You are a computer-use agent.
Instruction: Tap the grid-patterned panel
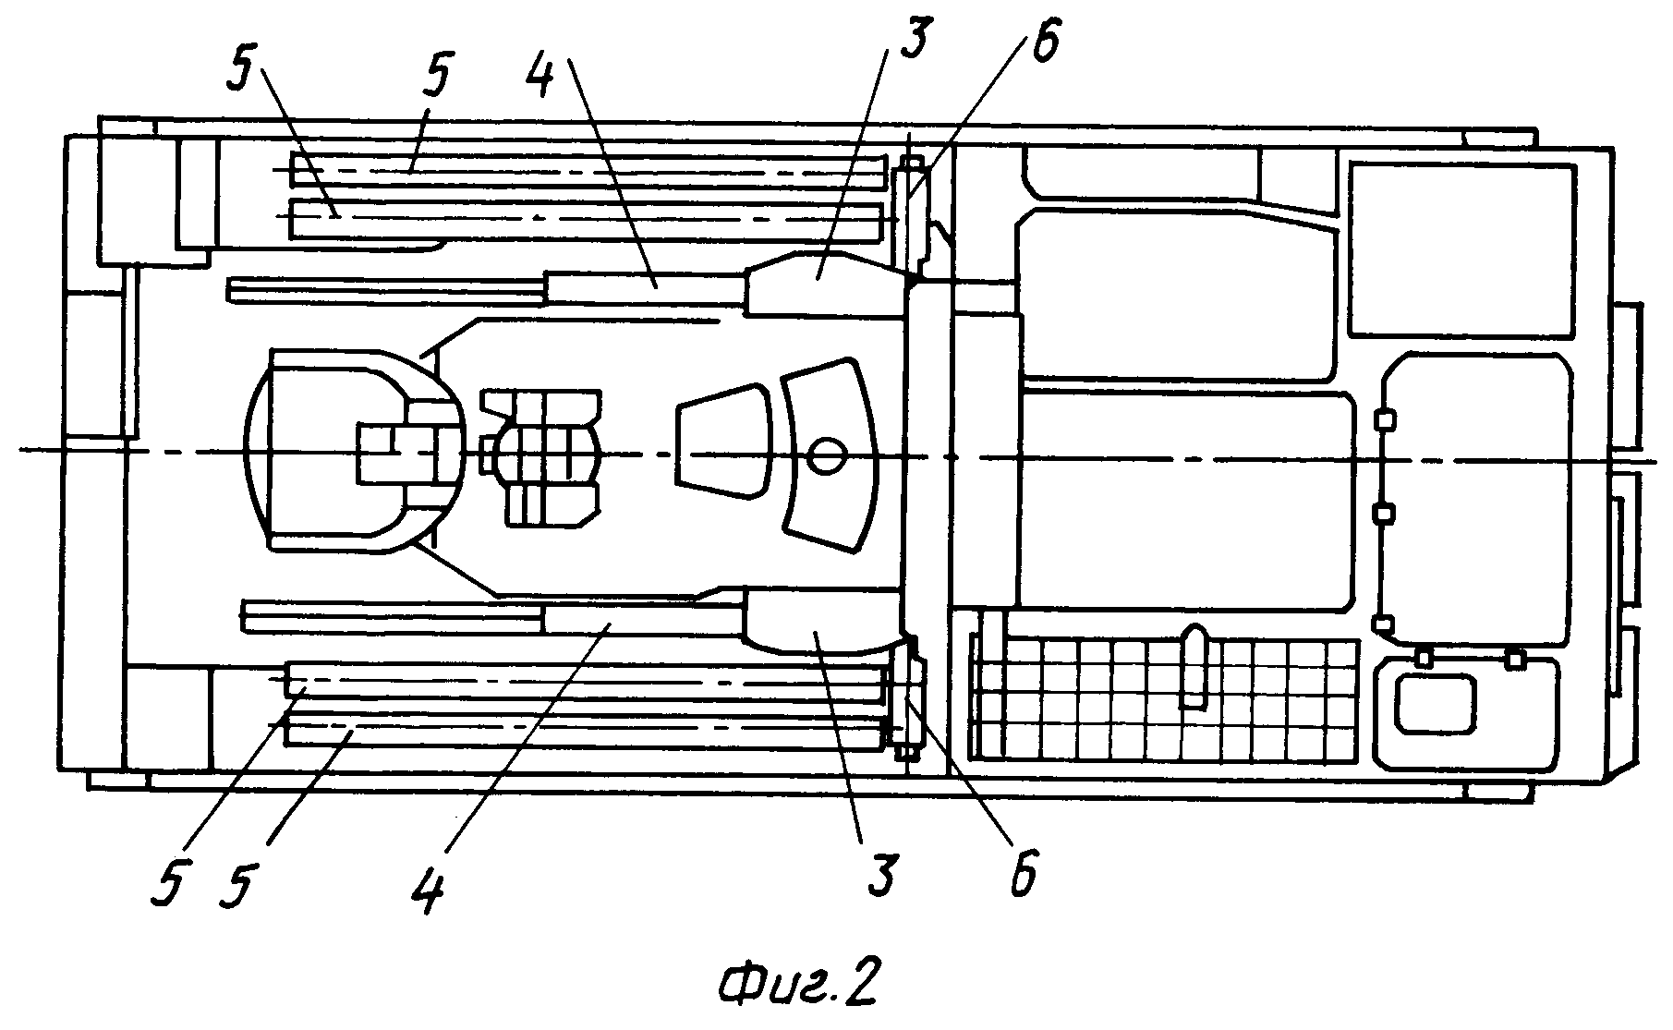pyautogui.click(x=1165, y=687)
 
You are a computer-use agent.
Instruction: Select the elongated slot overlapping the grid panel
pyautogui.click(x=1194, y=667)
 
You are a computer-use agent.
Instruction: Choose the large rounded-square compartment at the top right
pyautogui.click(x=1461, y=250)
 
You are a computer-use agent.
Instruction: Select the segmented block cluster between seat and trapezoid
pyautogui.click(x=541, y=457)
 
